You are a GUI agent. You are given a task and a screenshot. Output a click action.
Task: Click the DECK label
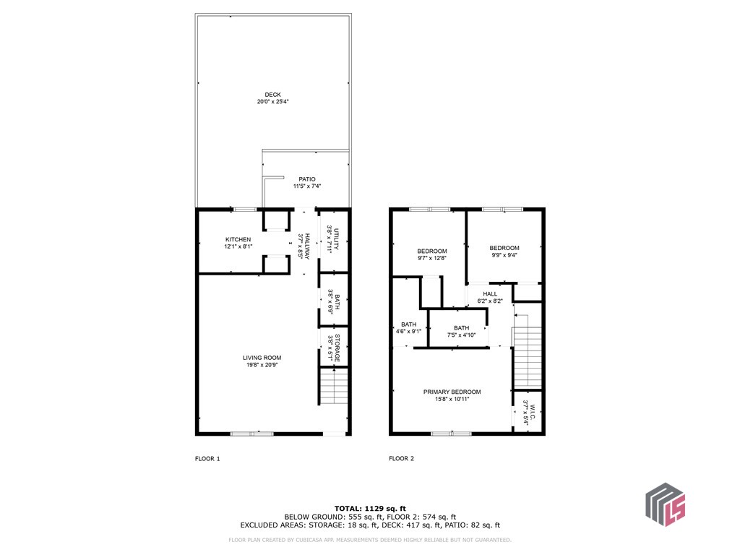[272, 95]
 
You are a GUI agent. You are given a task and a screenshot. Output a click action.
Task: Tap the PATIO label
[307, 179]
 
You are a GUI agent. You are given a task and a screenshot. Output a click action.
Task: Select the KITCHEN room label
[238, 240]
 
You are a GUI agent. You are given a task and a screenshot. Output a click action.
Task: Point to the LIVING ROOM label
[262, 358]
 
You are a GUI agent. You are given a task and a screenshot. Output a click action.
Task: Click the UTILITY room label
[337, 239]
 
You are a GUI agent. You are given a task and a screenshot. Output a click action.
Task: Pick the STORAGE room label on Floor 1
[337, 349]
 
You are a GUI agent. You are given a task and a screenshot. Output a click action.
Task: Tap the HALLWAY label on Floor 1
[307, 246]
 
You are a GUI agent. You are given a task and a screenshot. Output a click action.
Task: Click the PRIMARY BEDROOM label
[452, 392]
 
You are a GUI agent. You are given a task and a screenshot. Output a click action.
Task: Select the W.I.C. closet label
[533, 411]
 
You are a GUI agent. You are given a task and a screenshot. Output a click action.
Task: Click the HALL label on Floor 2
[491, 294]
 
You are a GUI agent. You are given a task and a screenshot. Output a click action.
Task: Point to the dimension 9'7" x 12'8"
[432, 258]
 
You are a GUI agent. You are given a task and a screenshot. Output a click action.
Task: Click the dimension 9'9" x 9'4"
[504, 255]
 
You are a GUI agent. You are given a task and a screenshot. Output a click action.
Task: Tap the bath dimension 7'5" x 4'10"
[462, 335]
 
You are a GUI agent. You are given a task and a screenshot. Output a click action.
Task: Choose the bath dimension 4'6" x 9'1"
[409, 331]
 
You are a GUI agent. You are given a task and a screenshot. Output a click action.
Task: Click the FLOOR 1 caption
[207, 459]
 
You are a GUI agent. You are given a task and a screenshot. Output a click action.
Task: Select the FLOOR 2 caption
[402, 458]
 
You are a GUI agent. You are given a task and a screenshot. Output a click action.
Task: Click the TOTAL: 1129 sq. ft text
[370, 509]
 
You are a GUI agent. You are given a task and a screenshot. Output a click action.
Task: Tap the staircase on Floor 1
[334, 387]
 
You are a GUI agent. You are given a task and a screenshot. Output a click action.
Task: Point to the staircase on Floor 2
[527, 351]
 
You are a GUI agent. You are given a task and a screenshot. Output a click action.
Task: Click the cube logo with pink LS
[666, 504]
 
